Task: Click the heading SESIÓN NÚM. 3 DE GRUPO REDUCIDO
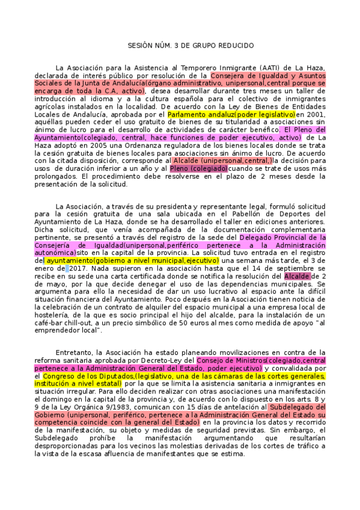tap(180, 46)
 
